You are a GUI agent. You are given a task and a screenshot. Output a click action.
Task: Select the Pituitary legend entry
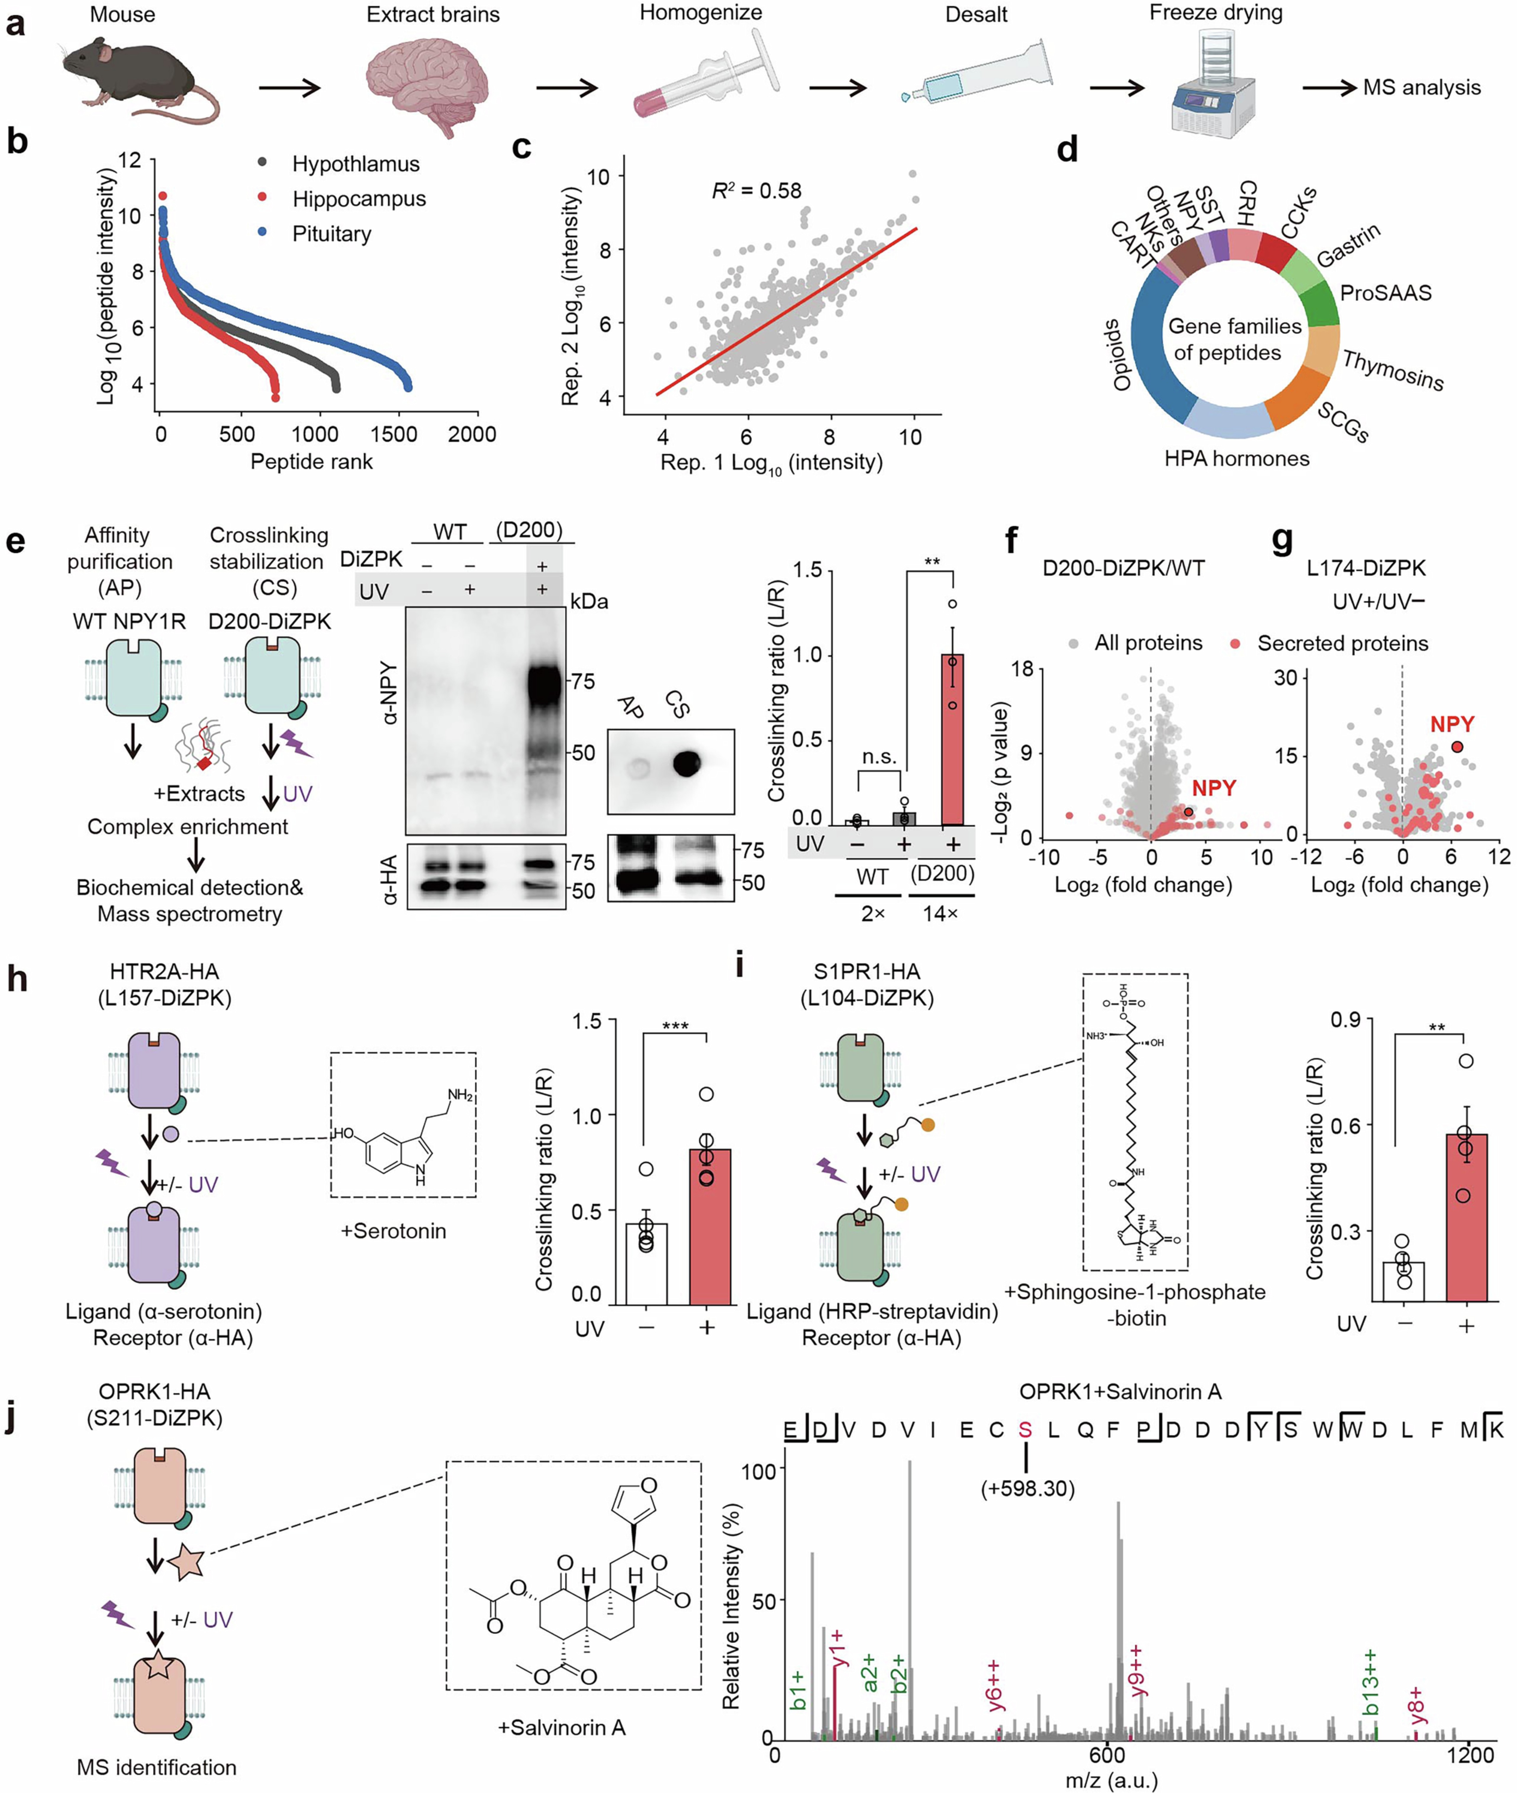[x=331, y=234]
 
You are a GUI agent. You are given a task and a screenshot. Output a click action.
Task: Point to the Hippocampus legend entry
[x=359, y=199]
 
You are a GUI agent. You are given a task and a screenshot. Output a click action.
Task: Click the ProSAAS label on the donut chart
[x=1385, y=293]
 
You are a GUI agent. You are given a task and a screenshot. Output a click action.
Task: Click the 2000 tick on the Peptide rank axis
[x=471, y=434]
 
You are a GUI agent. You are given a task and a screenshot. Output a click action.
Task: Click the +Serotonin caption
[x=393, y=1231]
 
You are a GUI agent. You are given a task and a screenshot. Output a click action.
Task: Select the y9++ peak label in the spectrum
[x=1137, y=1671]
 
